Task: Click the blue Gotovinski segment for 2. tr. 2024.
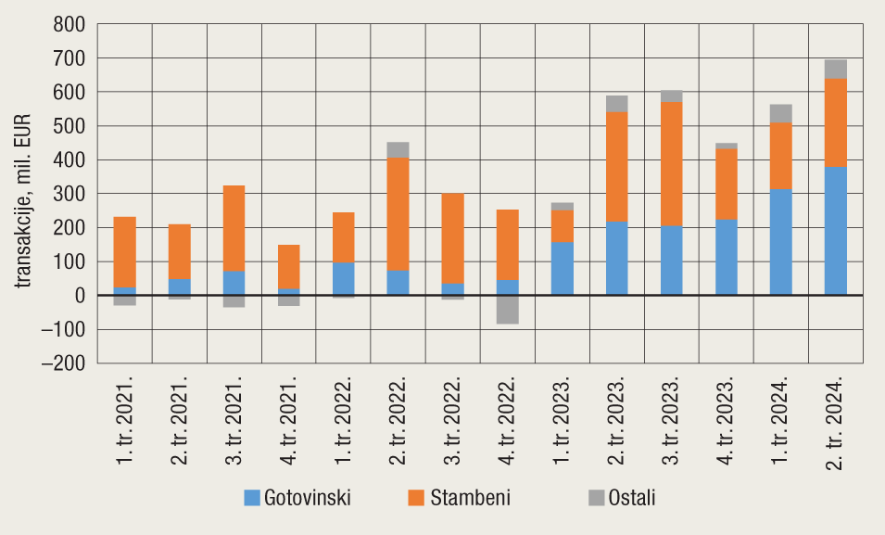coord(836,231)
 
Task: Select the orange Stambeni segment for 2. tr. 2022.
coord(398,213)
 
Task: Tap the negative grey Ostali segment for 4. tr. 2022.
coord(507,309)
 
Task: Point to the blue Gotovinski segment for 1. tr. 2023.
coord(562,269)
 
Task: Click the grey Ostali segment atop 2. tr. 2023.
coord(616,104)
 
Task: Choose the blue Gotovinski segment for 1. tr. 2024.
coord(781,242)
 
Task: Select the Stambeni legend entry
coord(459,498)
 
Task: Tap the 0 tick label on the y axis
coord(79,296)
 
